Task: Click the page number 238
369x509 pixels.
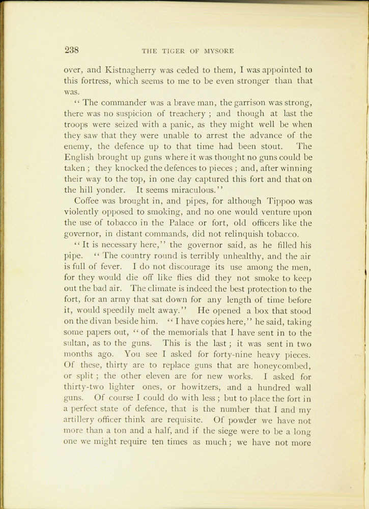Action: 71,50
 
